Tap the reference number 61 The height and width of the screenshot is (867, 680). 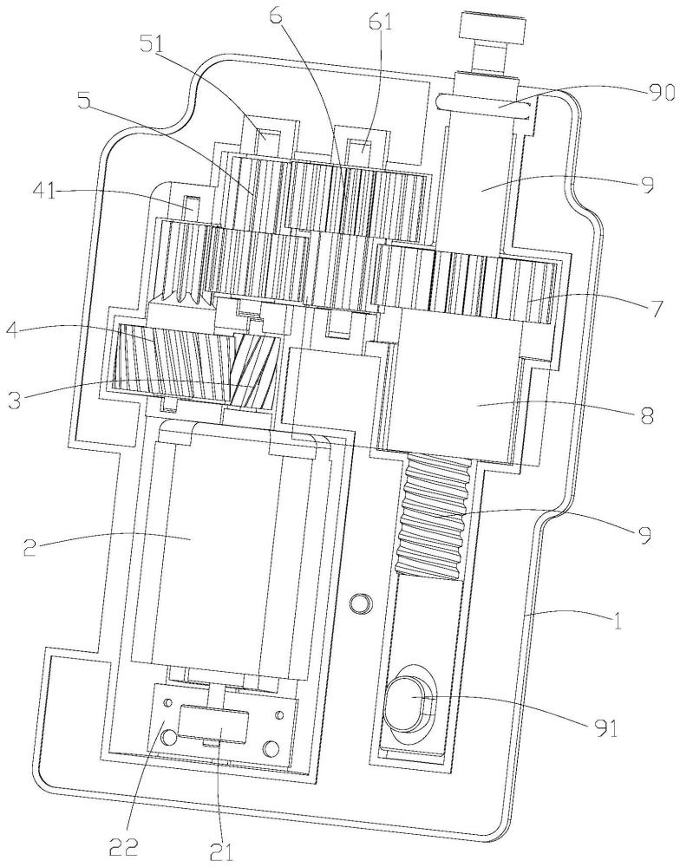[381, 22]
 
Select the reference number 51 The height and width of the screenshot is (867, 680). [168, 46]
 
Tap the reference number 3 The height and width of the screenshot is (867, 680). [17, 398]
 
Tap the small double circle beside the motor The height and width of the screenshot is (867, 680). [362, 602]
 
